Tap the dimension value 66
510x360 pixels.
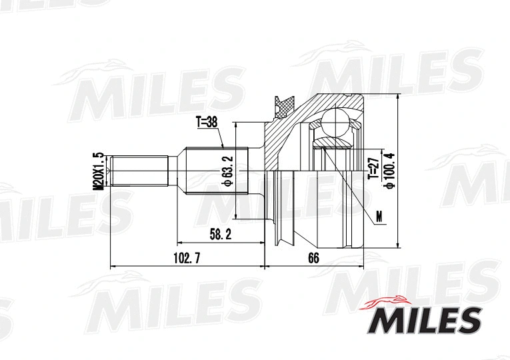coord(314,258)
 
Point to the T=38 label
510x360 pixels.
coord(207,123)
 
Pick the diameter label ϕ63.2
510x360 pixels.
coord(227,171)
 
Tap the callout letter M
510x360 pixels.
coord(379,217)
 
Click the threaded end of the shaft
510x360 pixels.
coord(139,171)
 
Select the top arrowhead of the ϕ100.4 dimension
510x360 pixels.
coord(397,97)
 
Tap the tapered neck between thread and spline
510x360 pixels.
coord(177,171)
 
